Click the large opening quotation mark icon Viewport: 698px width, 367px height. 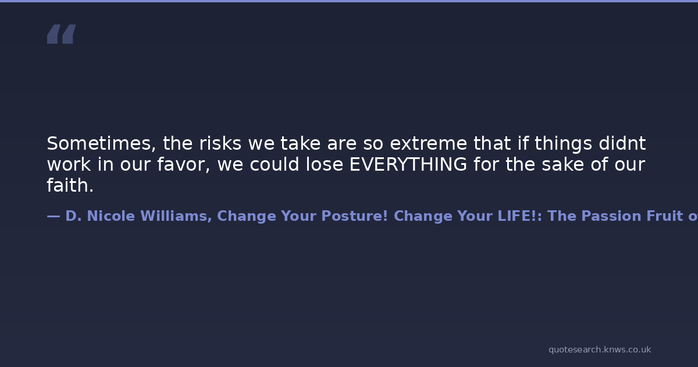(x=62, y=34)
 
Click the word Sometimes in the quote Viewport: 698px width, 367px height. (x=101, y=143)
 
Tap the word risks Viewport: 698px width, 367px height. (x=220, y=143)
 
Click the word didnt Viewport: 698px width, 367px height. (x=622, y=143)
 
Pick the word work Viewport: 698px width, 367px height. (x=69, y=164)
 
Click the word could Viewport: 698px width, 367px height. (x=275, y=164)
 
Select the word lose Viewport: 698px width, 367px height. (x=325, y=164)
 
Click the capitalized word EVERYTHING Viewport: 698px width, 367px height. (x=408, y=164)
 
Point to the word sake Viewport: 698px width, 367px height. (x=563, y=164)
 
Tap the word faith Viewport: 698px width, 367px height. (x=70, y=185)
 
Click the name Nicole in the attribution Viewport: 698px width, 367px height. (x=111, y=216)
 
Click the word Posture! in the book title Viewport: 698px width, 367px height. (x=355, y=216)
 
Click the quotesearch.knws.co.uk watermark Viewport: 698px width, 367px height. (x=600, y=350)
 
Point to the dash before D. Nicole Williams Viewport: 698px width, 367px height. (x=54, y=216)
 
